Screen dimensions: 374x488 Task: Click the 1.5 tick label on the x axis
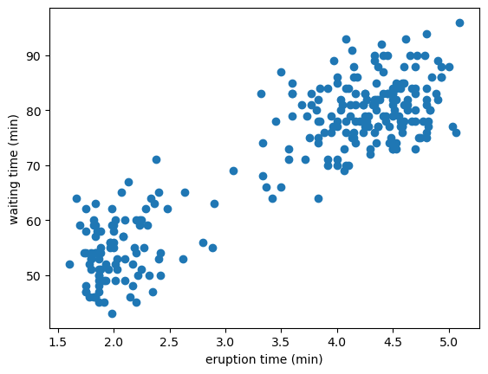[x=58, y=342]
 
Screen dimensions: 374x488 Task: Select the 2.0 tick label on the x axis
[x=114, y=342]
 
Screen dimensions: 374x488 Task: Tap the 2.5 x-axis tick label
[x=170, y=342]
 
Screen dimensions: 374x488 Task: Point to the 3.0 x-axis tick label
[x=225, y=342]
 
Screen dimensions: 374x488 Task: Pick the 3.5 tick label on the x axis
[x=282, y=342]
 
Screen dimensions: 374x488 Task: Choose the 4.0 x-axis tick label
[x=337, y=342]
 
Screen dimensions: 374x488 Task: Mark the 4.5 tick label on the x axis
[x=394, y=342]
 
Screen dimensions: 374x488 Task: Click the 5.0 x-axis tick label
[x=449, y=342]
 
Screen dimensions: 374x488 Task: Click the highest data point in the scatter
[x=459, y=23]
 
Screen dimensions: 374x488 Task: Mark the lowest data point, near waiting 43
[x=112, y=313]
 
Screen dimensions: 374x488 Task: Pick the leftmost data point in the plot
[x=69, y=264]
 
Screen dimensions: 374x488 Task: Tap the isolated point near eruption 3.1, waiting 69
[x=233, y=171]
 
